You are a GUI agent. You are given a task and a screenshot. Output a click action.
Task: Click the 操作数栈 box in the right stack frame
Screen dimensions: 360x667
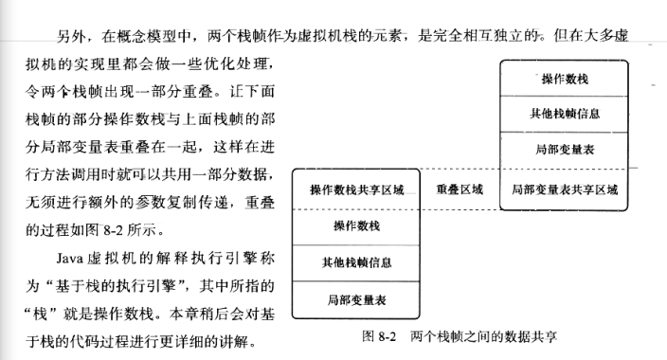point(565,78)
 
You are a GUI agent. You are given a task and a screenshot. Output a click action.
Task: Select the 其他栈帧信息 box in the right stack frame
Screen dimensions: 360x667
point(565,114)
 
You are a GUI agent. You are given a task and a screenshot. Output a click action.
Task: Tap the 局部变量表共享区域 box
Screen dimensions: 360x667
point(565,189)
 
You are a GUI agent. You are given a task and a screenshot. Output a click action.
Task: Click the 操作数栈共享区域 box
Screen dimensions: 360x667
point(357,189)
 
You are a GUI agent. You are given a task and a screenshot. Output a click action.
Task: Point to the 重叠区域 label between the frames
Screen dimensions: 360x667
point(460,189)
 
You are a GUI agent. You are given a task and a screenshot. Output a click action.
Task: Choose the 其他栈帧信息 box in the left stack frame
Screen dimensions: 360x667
point(357,261)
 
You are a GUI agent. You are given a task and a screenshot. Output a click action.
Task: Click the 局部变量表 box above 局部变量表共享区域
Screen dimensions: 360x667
point(565,150)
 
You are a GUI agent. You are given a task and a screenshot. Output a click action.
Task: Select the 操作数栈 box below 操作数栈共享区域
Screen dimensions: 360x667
point(357,225)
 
